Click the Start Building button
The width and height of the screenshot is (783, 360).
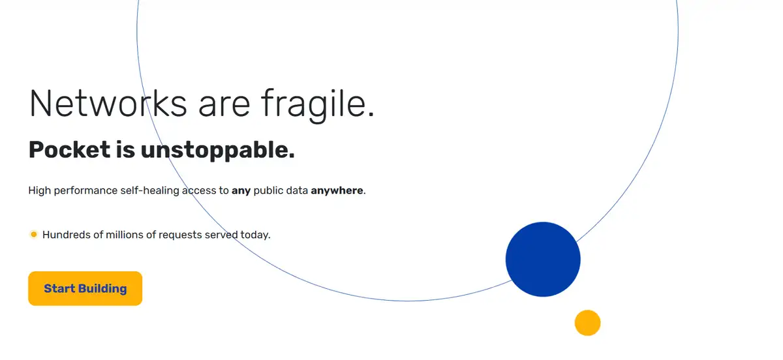85,288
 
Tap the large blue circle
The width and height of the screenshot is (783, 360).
543,260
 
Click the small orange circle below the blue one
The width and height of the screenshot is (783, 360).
588,323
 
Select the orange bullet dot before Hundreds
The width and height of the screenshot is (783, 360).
33,235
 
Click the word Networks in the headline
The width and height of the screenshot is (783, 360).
108,104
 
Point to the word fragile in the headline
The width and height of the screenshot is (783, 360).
318,105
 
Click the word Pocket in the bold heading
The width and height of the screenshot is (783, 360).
70,149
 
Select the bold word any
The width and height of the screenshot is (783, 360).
241,191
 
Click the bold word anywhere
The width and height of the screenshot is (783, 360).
337,191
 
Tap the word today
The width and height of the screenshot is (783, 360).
256,235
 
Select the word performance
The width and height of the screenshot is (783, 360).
85,191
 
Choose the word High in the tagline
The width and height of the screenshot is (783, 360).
40,190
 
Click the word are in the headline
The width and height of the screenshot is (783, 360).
224,107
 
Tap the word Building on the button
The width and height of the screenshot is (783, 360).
102,289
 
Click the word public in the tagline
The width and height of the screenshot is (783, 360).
268,190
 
